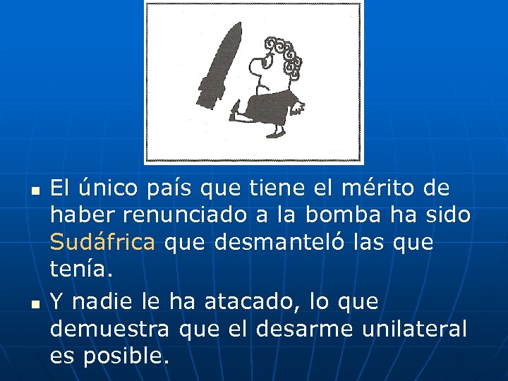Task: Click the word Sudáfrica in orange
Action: [x=103, y=243]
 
